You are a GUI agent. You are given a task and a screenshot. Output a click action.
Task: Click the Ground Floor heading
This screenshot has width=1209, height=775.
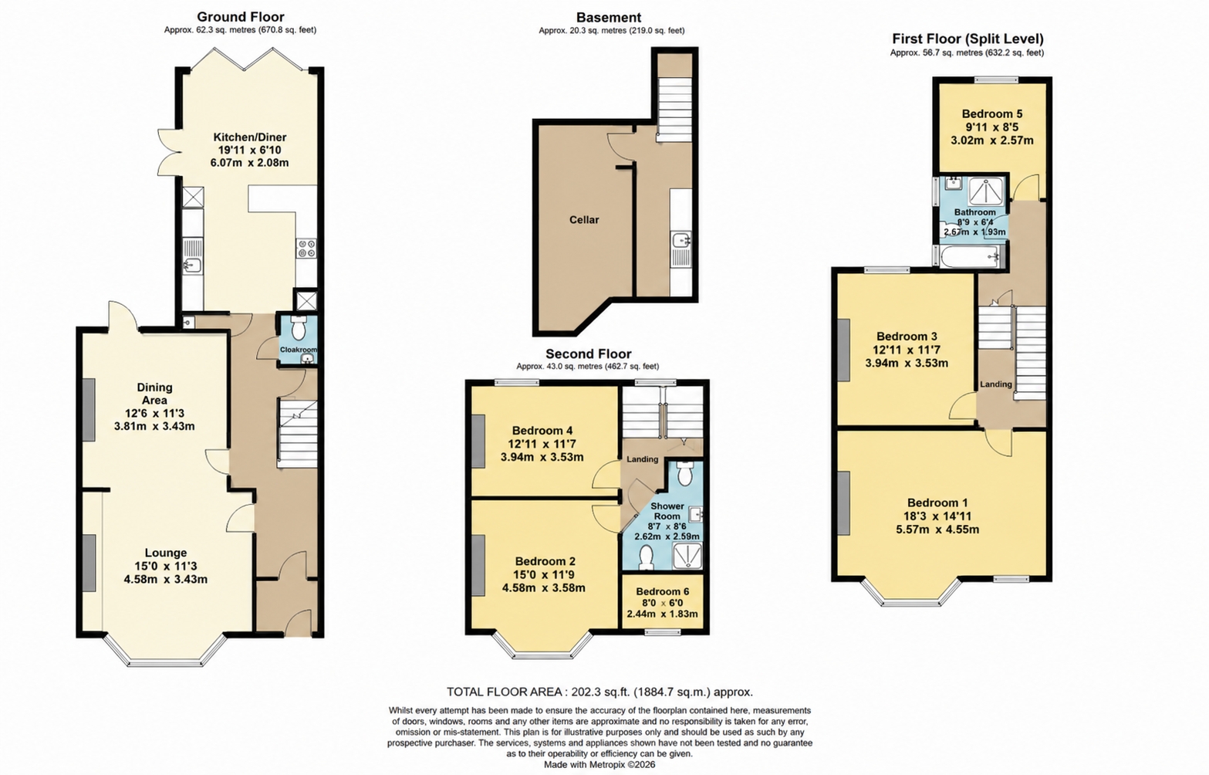240,17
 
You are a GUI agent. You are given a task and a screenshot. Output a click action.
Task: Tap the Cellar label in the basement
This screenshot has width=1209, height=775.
584,220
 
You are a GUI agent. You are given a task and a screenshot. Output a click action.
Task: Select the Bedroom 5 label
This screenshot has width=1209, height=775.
992,114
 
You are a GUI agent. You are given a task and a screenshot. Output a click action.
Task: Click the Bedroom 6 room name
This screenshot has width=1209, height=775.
662,591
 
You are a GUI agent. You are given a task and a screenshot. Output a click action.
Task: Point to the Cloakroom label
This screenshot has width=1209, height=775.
298,350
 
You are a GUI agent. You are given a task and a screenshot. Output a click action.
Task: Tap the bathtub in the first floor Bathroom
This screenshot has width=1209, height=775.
970,258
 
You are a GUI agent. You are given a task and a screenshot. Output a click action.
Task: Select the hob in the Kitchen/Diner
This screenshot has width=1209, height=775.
306,249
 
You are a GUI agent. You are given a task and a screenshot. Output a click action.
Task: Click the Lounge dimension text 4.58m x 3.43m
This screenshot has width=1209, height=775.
165,580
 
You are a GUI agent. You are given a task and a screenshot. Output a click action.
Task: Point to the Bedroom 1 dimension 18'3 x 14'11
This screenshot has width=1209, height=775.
937,516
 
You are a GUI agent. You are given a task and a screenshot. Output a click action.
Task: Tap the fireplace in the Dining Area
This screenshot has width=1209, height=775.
89,410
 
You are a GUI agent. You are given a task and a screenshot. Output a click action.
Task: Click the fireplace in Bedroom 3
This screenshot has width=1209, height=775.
843,350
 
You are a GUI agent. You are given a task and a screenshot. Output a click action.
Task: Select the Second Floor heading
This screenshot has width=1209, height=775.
589,354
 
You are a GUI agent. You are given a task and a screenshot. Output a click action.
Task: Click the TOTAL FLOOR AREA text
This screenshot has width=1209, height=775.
599,692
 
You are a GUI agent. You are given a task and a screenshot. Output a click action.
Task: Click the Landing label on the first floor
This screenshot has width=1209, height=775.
996,384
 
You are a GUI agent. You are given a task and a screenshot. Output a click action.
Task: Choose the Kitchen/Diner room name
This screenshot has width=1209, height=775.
249,137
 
